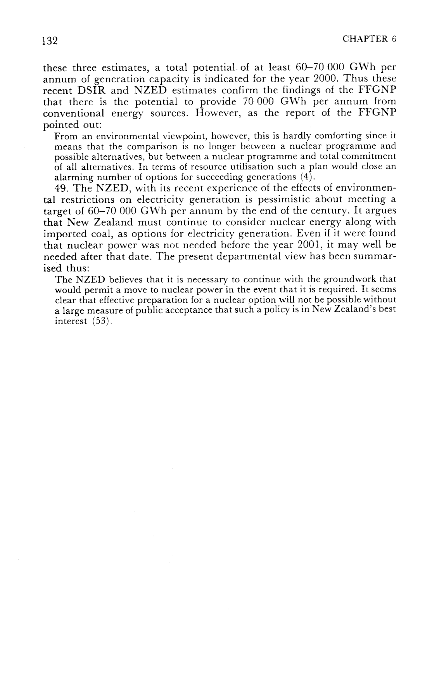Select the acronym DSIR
pos(92,91)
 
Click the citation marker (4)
pos(308,177)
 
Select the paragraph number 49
pos(61,189)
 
